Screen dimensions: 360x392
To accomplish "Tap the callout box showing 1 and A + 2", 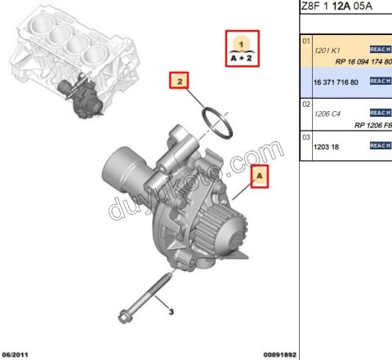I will point(241,47).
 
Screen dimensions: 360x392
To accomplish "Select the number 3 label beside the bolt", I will point(171,311).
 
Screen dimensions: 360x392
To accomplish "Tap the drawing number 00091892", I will point(279,354).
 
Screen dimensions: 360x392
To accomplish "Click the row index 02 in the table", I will point(306,104).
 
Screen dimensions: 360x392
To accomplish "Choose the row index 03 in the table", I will point(306,137).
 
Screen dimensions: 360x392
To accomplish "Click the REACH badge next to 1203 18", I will point(380,145).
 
